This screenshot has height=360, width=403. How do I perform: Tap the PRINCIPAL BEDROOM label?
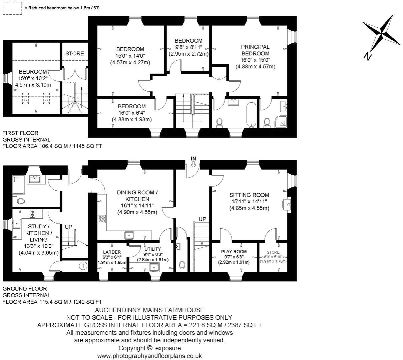255,50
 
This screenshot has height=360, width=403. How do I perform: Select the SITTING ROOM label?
249,195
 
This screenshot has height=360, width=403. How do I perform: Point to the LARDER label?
112,252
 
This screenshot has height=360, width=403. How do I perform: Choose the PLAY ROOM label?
234,252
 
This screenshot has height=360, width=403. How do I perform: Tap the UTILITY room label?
152,249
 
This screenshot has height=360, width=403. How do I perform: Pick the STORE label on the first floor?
75,53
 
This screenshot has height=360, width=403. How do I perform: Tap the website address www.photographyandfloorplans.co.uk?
149,356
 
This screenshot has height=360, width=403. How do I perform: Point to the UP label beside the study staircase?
68,227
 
